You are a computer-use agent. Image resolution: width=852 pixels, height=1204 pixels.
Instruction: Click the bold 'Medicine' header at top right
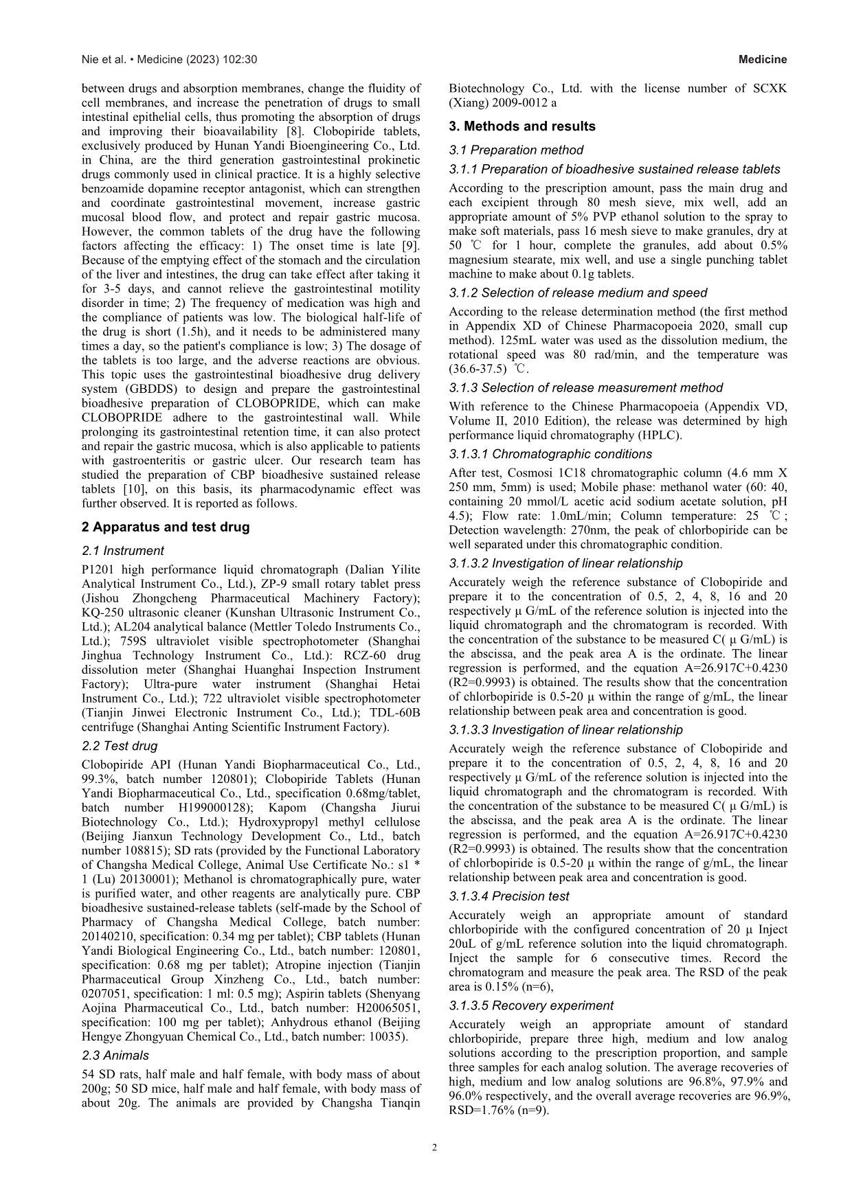point(763,60)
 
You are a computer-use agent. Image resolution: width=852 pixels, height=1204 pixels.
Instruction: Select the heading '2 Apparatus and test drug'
point(165,527)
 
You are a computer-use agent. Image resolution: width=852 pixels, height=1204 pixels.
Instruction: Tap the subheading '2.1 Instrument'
point(122,551)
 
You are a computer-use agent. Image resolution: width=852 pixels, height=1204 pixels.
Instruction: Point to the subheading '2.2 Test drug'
point(120,746)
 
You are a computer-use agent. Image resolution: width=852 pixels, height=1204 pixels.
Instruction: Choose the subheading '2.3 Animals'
point(115,1056)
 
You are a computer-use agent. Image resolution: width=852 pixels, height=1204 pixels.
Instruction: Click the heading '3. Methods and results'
point(522,126)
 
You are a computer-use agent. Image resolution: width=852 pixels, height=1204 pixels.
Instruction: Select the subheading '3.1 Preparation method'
point(516,150)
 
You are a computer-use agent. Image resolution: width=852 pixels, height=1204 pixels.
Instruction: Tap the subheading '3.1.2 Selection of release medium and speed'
point(577,293)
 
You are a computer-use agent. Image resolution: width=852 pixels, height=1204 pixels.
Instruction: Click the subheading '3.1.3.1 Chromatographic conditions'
point(550,454)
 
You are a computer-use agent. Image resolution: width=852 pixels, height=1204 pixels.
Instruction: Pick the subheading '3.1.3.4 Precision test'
point(508,896)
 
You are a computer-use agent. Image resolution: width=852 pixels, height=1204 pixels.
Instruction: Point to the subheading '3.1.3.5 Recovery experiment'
point(530,1006)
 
